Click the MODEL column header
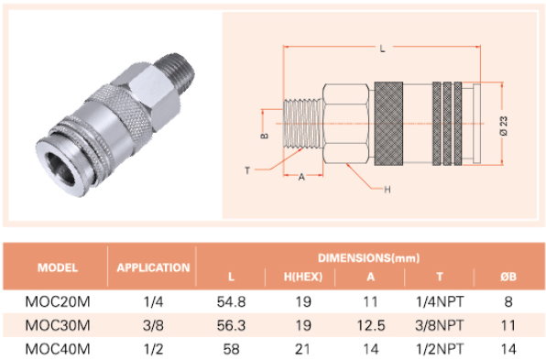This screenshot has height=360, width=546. (58, 267)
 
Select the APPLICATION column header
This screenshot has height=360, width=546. (153, 267)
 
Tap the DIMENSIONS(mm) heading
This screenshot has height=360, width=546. (369, 258)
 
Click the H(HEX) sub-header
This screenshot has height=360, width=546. (303, 277)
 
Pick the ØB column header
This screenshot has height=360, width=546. (508, 277)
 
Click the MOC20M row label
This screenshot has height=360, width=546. (58, 301)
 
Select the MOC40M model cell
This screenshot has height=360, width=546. (58, 349)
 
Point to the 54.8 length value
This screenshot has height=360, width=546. (231, 301)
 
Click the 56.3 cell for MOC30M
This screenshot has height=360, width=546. (231, 325)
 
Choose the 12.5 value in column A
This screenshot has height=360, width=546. (371, 325)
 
